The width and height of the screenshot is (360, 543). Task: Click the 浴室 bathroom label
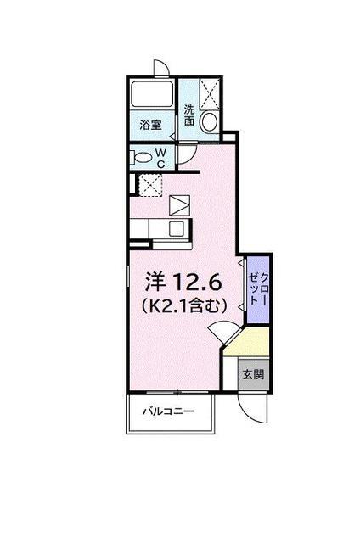tap(150, 125)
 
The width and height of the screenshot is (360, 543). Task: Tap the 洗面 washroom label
tap(188, 115)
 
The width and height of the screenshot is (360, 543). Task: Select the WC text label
tap(160, 159)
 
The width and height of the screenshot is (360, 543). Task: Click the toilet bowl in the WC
tap(142, 159)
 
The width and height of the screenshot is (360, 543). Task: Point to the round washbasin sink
tap(209, 121)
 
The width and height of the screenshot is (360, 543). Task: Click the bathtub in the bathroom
tap(153, 94)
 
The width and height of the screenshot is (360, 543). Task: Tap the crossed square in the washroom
tap(209, 94)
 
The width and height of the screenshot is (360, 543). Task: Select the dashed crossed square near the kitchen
tap(150, 185)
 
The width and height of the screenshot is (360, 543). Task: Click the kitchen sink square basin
tap(177, 228)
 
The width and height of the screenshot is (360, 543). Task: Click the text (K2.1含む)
tap(184, 305)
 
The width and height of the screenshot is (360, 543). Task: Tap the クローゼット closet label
tap(258, 288)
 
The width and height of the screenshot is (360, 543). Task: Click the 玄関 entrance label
tap(253, 374)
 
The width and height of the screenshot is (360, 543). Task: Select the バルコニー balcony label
tap(168, 411)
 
